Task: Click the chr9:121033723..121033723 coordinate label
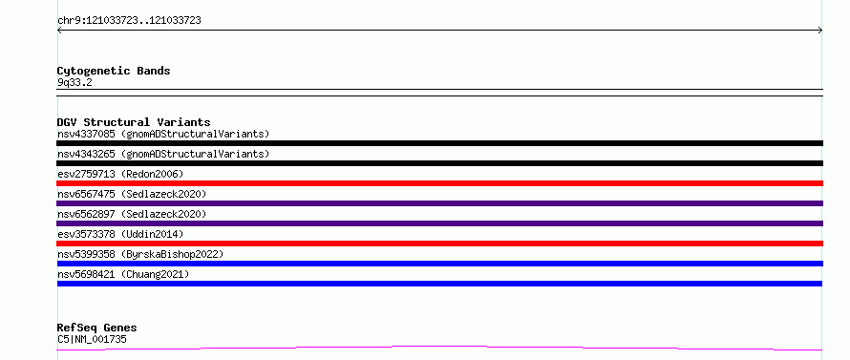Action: click(129, 21)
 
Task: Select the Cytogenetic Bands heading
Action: click(114, 71)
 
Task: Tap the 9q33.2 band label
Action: click(74, 82)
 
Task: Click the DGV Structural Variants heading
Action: click(134, 122)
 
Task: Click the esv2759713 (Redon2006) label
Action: click(120, 174)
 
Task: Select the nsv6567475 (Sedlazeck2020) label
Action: click(132, 194)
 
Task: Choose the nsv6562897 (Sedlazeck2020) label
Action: click(132, 214)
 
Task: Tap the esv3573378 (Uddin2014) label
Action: click(120, 234)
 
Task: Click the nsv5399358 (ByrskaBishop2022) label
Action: click(140, 254)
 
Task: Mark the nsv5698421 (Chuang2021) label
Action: click(123, 274)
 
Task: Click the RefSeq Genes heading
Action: click(96, 328)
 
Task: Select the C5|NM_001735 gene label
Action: click(92, 339)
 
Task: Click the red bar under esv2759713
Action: click(439, 183)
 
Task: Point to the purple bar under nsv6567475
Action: click(439, 203)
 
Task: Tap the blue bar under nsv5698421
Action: click(439, 284)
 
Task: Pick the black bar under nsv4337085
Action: click(439, 143)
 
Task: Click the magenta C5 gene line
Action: click(439, 347)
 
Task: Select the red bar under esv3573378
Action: click(439, 244)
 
